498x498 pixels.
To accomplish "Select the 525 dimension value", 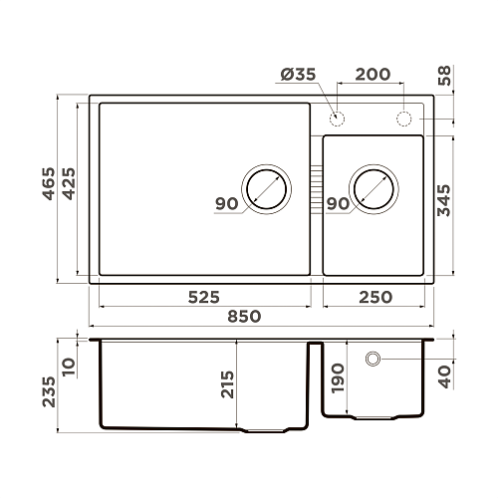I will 202,297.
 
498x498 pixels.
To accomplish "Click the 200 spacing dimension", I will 372,75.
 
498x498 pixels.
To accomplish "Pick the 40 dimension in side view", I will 445,375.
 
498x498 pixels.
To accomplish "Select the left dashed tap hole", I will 338,120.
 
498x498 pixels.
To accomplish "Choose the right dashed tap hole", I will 405,120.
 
